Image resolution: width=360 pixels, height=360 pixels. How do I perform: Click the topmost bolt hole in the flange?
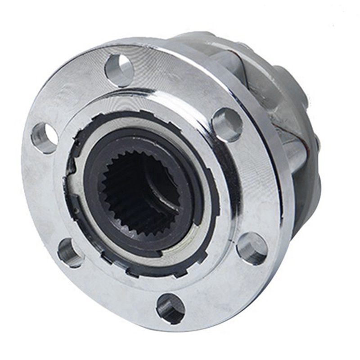[x=119, y=70]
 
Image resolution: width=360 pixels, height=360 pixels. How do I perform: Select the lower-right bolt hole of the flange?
[x=252, y=248]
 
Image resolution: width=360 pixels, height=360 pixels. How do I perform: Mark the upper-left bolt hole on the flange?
[x=44, y=137]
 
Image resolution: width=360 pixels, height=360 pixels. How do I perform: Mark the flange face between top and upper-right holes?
[x=180, y=85]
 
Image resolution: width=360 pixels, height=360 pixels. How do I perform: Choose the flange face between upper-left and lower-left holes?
[x=43, y=193]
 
